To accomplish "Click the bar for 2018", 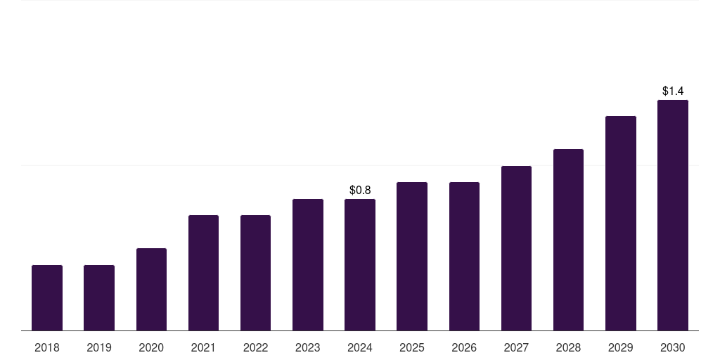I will [47, 297].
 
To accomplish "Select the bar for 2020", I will [151, 289].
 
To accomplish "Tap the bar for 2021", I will [203, 273].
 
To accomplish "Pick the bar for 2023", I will [308, 264].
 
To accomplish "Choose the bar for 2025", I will [412, 256].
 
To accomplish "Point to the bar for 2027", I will [516, 248].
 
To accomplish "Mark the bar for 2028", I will [568, 240].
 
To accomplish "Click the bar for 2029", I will [620, 223].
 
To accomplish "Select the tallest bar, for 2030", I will [673, 215].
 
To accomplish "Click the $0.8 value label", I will [360, 191].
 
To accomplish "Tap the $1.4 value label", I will [673, 91].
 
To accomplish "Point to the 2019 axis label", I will [99, 347].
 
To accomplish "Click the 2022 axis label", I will [255, 347].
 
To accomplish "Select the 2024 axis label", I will [360, 347].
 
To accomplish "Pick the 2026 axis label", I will [464, 347].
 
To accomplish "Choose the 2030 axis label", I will [673, 347].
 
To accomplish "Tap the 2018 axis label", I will [47, 347].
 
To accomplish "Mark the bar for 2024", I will [360, 264].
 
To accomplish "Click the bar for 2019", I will [99, 297].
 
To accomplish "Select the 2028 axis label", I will [568, 347].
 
